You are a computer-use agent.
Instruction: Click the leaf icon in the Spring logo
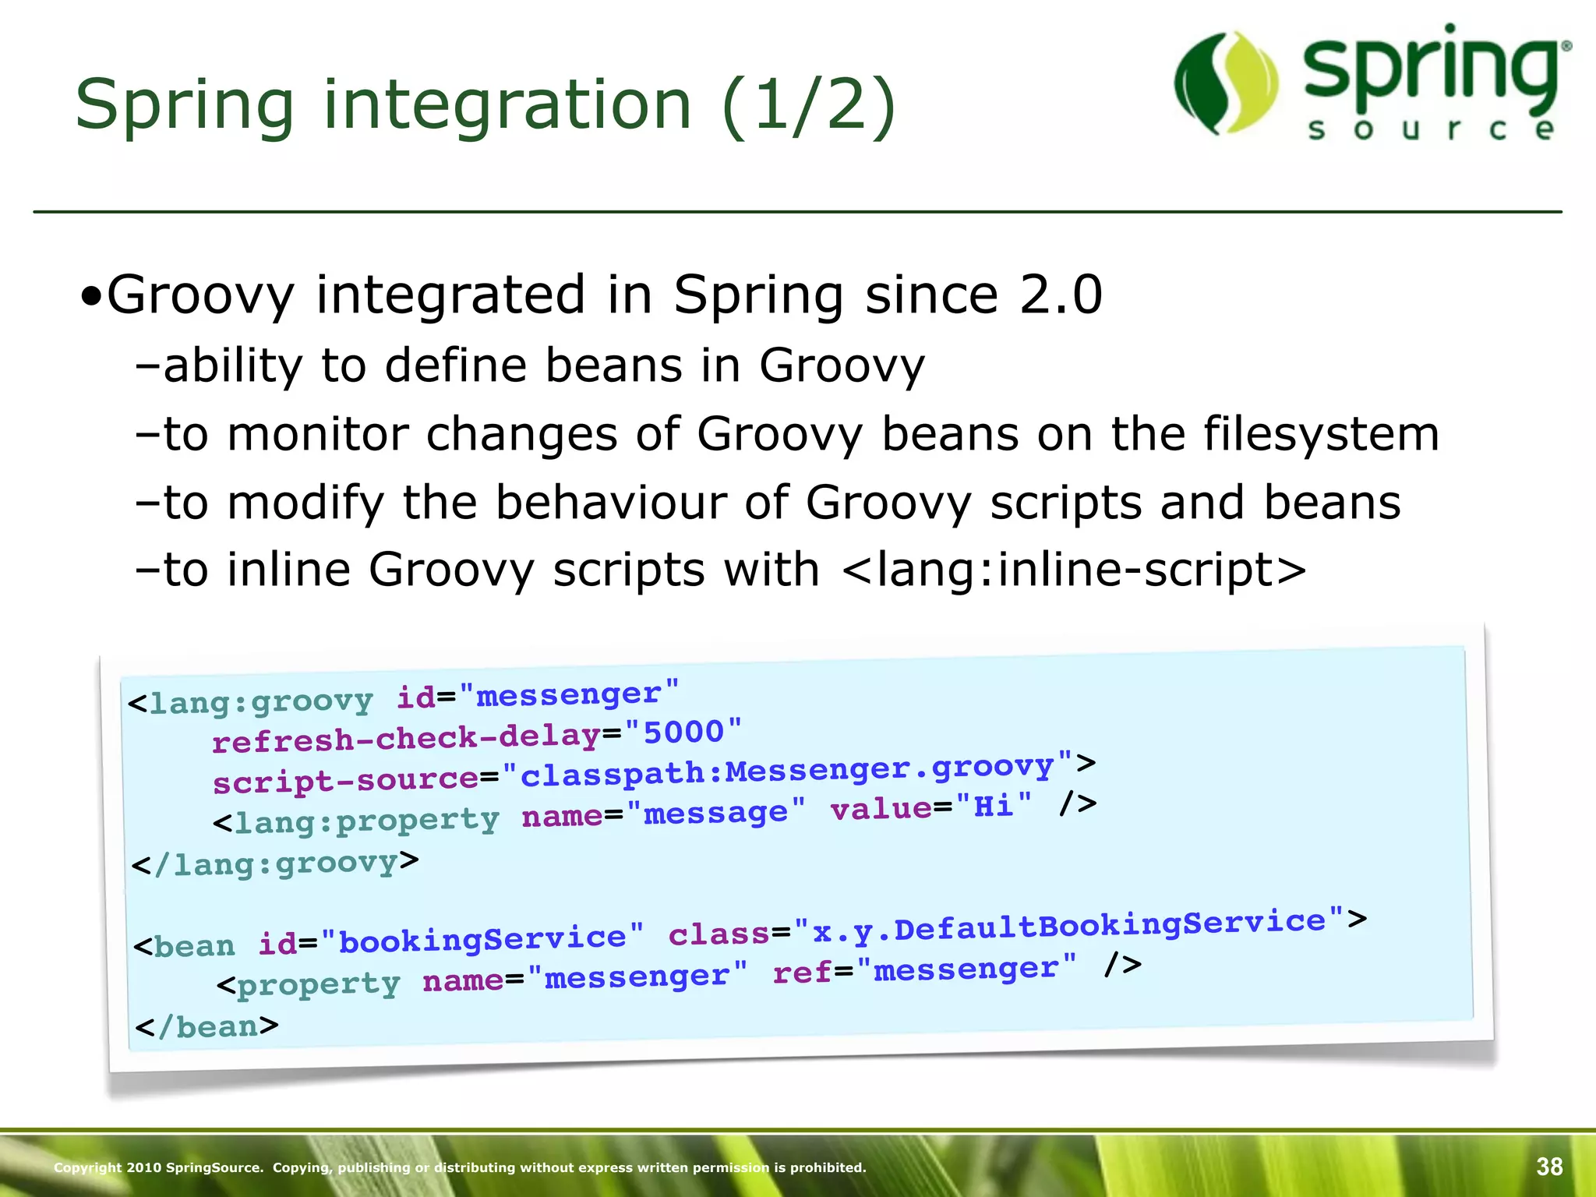1226,83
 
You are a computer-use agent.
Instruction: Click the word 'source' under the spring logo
1431,129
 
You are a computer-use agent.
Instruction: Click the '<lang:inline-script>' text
1074,570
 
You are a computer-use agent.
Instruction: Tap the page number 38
1549,1167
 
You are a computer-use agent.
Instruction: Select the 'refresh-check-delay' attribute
405,738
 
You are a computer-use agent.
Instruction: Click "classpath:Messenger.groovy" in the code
788,772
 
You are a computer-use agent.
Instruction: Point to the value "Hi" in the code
994,805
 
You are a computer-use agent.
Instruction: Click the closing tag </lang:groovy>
275,863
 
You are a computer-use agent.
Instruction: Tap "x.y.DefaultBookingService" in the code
1068,927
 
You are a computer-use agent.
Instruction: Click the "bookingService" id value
482,939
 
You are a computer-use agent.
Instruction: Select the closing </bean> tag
207,1026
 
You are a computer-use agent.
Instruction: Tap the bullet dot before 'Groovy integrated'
91,298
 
